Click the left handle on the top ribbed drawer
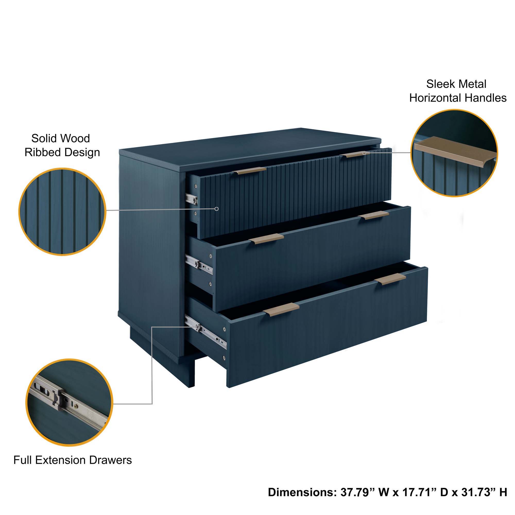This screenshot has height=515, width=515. pos(251,171)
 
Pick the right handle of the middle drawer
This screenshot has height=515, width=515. pos(373,215)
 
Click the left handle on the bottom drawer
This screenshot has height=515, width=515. pos(281,310)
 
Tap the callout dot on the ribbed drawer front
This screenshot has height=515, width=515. pos(217,209)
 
